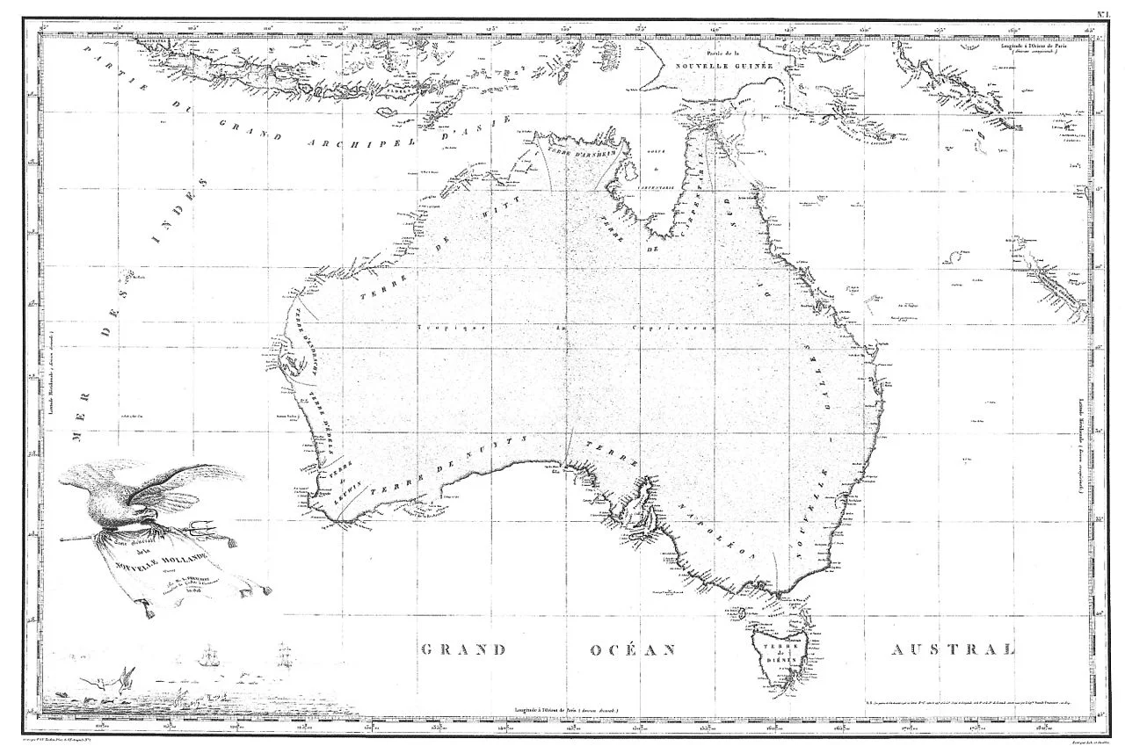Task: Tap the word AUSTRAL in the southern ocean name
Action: point(953,650)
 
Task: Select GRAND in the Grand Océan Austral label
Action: point(464,650)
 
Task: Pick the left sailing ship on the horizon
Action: point(207,657)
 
